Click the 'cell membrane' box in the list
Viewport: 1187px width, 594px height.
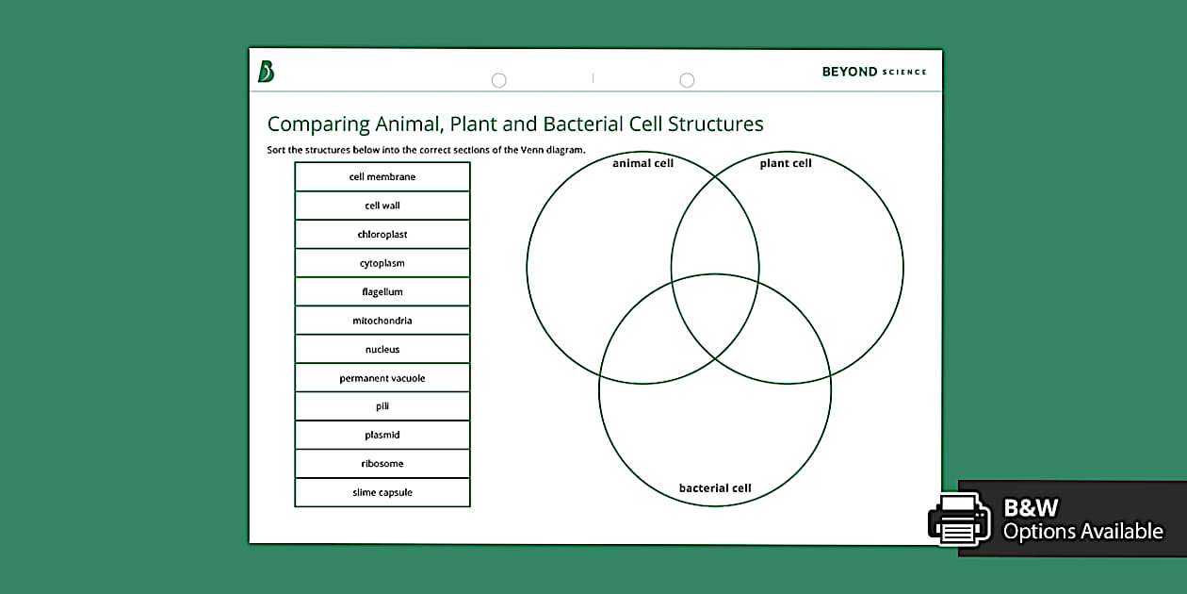[382, 177]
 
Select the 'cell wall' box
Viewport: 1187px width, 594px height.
[382, 206]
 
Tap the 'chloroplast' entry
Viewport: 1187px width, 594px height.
[382, 235]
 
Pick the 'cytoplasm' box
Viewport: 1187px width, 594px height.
[382, 263]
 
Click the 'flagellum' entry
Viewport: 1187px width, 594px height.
[382, 292]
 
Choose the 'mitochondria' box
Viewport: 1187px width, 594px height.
[382, 321]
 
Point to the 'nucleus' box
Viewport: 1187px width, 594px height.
[382, 350]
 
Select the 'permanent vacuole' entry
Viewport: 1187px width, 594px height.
[382, 378]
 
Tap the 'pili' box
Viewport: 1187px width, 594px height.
[382, 406]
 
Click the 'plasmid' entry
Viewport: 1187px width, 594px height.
[382, 436]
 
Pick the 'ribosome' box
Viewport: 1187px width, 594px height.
[382, 464]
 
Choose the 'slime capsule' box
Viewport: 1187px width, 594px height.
[382, 492]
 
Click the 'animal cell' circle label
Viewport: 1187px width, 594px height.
[642, 163]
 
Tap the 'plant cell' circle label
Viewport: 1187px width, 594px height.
[786, 163]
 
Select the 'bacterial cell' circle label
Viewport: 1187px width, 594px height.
[715, 488]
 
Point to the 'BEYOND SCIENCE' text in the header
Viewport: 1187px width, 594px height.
[873, 72]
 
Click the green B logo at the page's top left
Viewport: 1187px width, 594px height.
[266, 72]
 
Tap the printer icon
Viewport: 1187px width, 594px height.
[959, 520]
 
